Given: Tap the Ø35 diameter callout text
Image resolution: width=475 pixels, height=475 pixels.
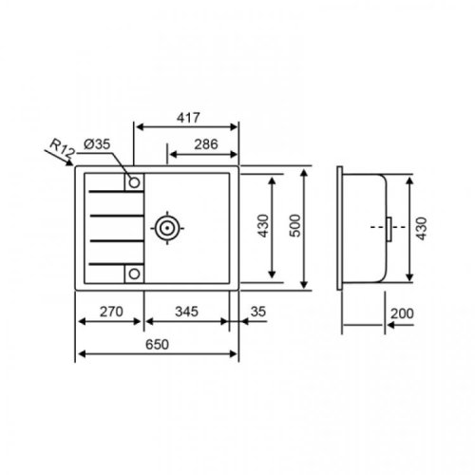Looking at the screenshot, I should [x=97, y=143].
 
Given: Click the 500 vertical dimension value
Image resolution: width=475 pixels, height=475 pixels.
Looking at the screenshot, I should [x=295, y=228].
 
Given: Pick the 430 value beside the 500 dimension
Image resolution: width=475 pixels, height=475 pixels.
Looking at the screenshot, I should [x=263, y=228].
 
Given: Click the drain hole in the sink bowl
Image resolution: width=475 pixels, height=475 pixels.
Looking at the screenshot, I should [x=168, y=228].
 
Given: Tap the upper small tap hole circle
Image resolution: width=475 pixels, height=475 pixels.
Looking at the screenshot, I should [x=134, y=181].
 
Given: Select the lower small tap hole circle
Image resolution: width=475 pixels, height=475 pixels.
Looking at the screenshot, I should [x=134, y=275].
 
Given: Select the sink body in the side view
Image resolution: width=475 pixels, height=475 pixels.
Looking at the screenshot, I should [x=366, y=228].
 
